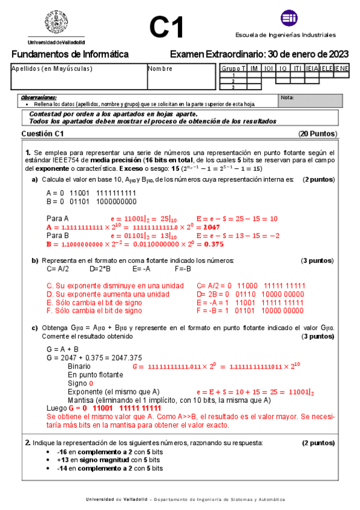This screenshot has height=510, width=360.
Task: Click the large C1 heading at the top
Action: pyautogui.click(x=166, y=26)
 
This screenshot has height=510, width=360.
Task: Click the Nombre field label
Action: pyautogui.click(x=161, y=69)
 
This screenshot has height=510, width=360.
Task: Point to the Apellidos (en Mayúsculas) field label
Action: pyautogui.click(x=52, y=69)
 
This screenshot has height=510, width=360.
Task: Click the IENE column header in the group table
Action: pyautogui.click(x=341, y=69)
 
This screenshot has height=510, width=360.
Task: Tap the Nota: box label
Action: pyautogui.click(x=287, y=97)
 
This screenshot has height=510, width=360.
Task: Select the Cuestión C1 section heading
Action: pyautogui.click(x=42, y=134)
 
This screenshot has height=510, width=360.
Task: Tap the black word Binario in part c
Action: pyautogui.click(x=79, y=366)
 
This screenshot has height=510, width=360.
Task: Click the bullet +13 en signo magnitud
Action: pyautogui.click(x=103, y=459)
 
